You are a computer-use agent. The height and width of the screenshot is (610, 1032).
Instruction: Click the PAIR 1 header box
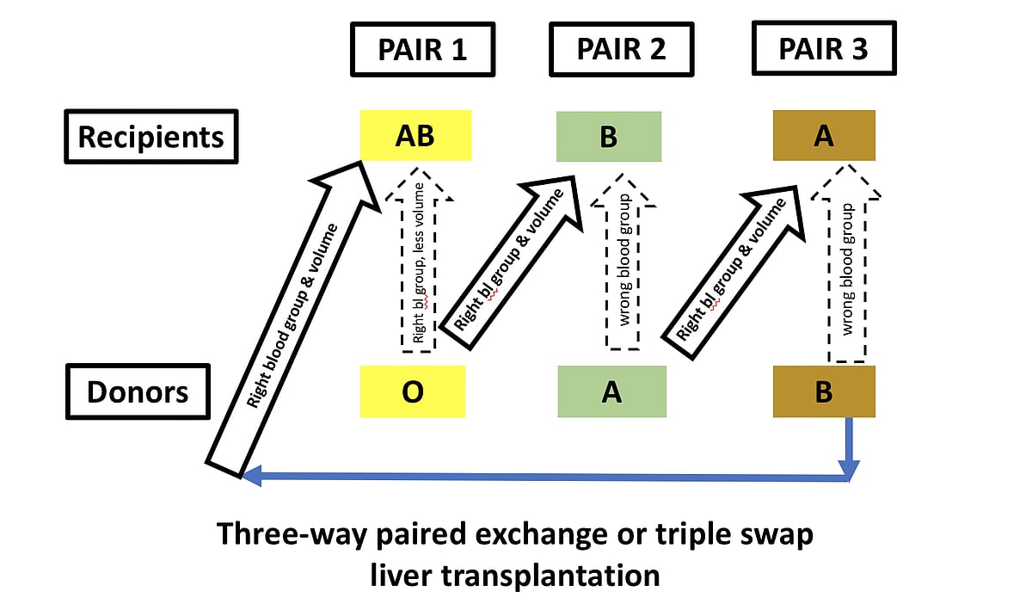tap(422, 49)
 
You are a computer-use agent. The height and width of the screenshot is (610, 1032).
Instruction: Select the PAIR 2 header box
tap(621, 49)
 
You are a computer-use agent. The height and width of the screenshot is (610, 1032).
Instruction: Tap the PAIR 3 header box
tap(823, 49)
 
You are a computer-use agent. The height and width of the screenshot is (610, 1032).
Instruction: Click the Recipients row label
tap(150, 136)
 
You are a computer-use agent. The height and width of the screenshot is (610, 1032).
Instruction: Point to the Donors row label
tap(138, 392)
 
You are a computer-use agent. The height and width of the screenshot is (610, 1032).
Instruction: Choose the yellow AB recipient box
tap(415, 136)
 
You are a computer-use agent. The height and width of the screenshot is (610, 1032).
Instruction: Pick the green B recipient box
tap(609, 136)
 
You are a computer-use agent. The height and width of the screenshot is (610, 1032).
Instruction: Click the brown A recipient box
tap(824, 136)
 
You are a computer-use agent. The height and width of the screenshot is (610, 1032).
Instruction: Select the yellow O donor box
tap(412, 392)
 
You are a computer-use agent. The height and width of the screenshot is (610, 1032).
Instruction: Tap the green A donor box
tap(611, 392)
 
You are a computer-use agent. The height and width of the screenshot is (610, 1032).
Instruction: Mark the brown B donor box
tap(824, 392)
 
